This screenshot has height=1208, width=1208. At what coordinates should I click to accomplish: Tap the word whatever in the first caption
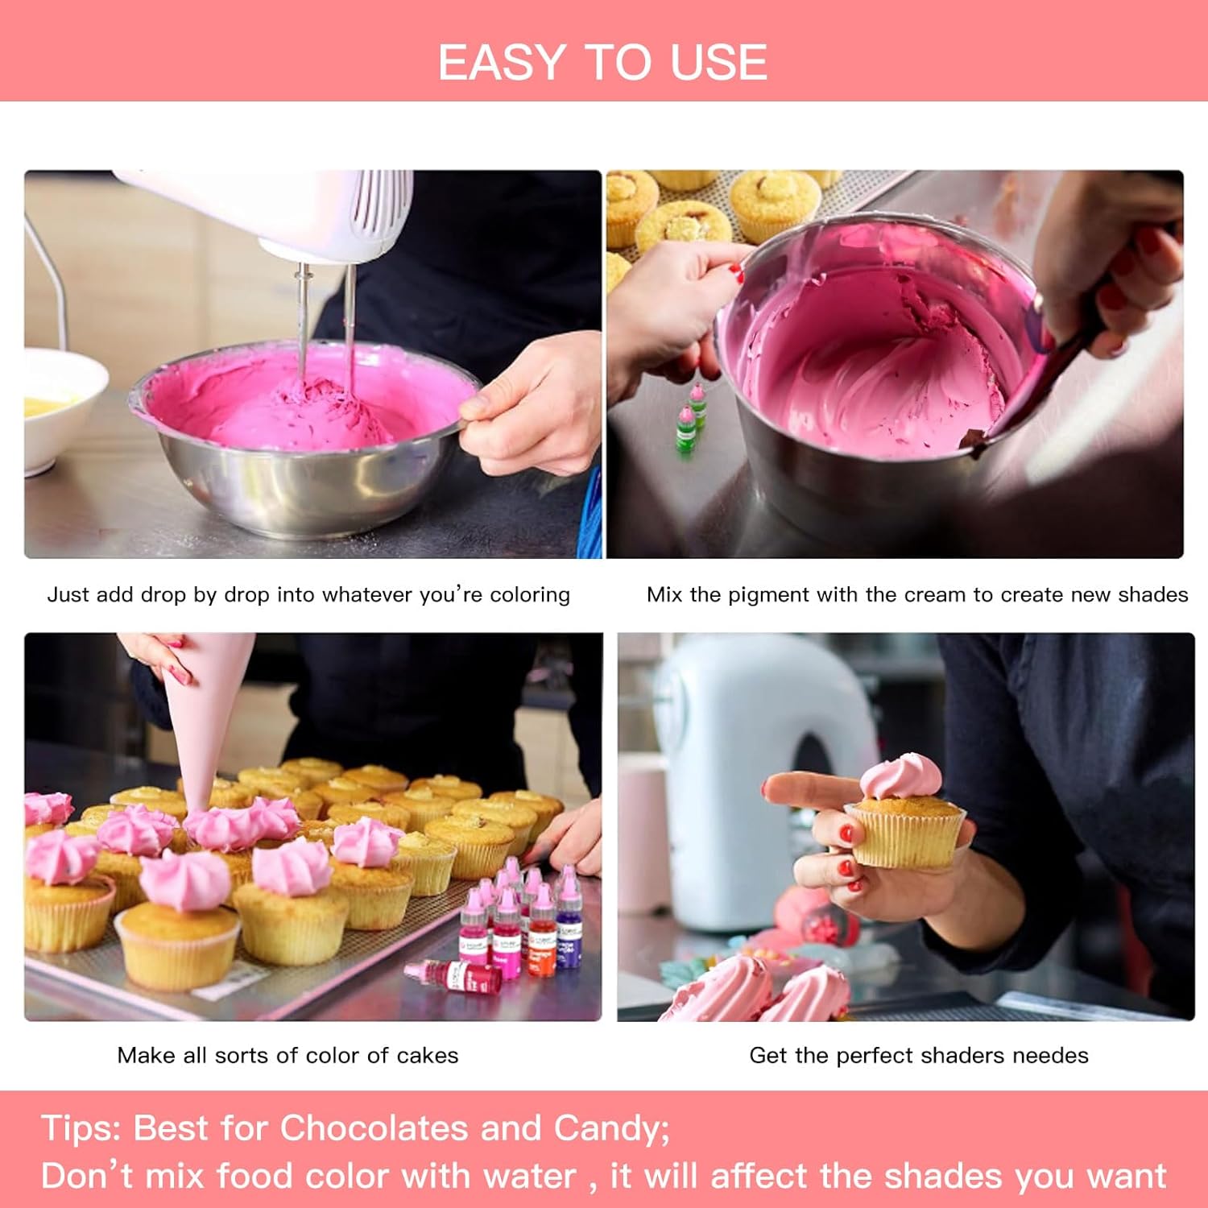367,594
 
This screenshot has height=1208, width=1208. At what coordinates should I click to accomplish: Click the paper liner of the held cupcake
905,838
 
